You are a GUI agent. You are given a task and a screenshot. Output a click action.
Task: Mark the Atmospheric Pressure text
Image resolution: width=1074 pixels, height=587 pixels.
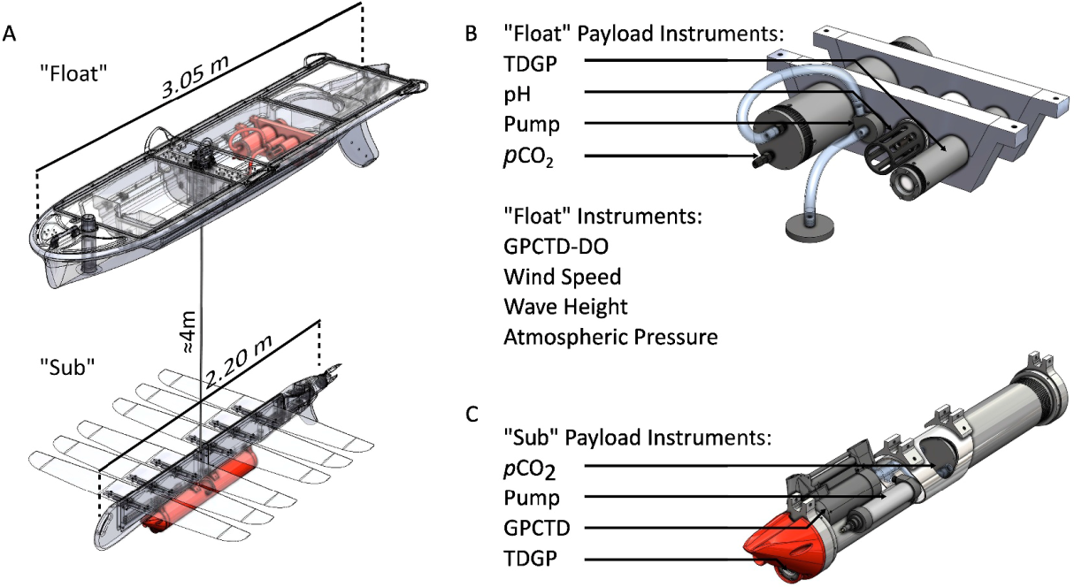tap(610, 337)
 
